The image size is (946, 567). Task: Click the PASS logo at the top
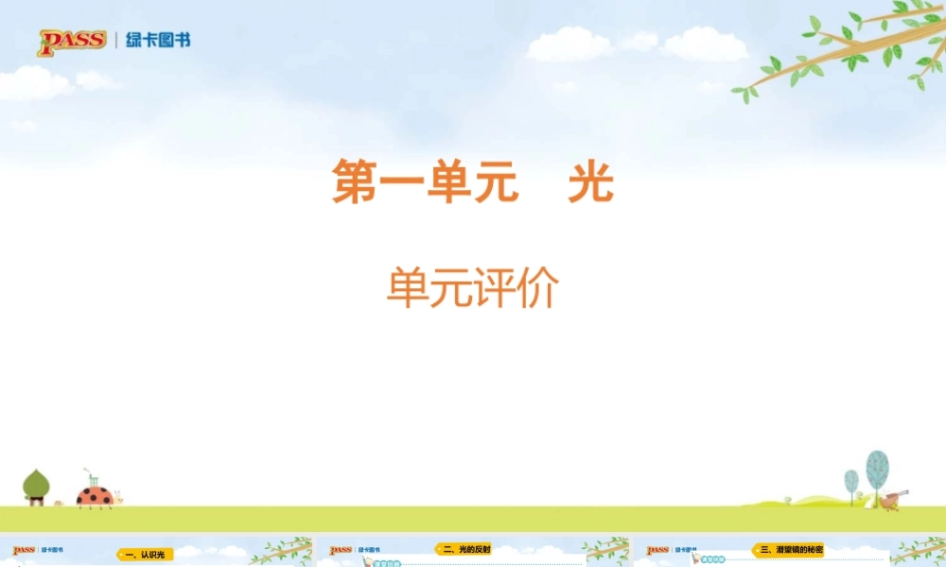click(x=71, y=42)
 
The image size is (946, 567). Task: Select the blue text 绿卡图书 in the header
click(x=157, y=41)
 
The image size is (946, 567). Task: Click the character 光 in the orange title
click(x=590, y=181)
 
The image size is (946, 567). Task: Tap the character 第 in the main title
click(x=355, y=181)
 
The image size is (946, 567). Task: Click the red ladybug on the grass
click(x=94, y=496)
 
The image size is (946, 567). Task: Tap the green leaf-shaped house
click(x=36, y=486)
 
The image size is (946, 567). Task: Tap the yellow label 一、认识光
click(x=145, y=554)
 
